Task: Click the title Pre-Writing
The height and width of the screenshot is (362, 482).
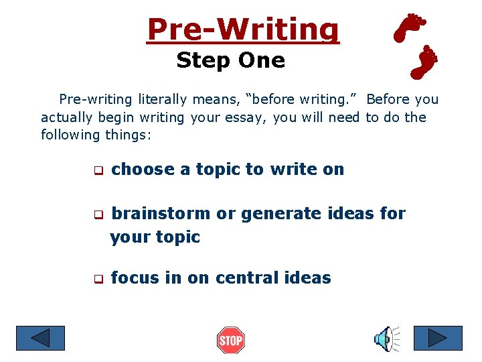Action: click(243, 29)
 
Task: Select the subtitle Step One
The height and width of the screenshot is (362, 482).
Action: click(230, 61)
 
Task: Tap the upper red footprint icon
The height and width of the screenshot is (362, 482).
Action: click(410, 27)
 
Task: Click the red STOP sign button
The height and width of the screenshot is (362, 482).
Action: click(231, 341)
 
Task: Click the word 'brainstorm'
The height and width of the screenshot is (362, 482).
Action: click(161, 214)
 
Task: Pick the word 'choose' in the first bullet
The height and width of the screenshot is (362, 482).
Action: click(143, 170)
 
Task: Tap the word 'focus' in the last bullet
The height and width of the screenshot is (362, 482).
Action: click(136, 278)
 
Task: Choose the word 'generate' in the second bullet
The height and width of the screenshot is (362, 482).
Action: click(274, 214)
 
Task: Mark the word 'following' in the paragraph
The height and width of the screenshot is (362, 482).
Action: click(71, 135)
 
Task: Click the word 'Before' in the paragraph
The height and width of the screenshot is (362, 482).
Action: click(388, 100)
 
